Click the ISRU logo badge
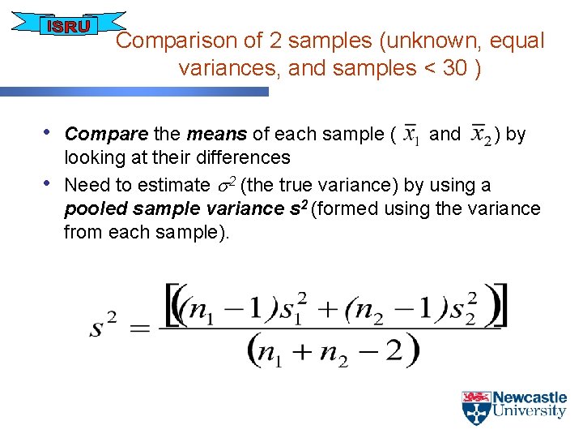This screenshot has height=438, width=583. [69, 27]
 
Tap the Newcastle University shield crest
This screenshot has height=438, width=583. [476, 408]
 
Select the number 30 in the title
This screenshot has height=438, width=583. [455, 68]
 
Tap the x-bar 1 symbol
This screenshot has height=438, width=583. [411, 134]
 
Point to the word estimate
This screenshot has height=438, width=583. [174, 185]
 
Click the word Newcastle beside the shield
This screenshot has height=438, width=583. [530, 397]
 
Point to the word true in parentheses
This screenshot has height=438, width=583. [287, 185]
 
